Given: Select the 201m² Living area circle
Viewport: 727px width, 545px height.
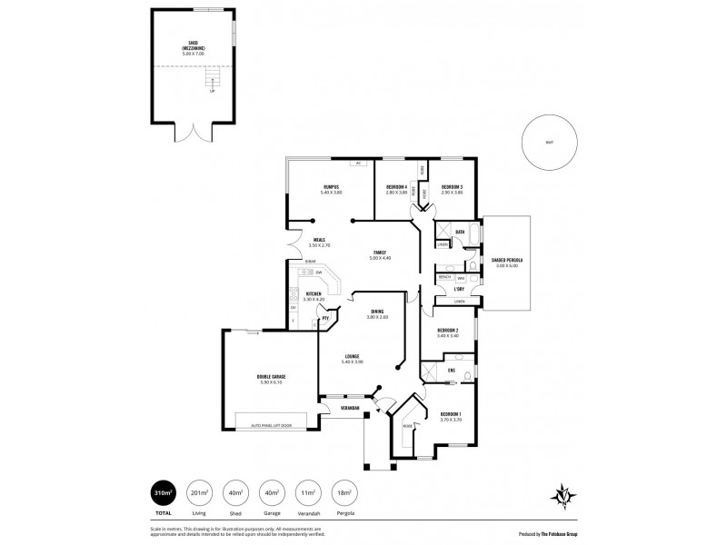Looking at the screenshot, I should [x=198, y=493].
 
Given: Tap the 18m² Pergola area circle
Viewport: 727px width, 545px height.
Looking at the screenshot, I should [x=343, y=493].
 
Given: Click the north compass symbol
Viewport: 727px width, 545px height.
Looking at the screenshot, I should [x=564, y=495].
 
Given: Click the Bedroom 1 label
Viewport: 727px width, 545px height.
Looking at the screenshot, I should [x=451, y=414].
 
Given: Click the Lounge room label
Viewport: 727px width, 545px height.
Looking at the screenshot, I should [x=352, y=358].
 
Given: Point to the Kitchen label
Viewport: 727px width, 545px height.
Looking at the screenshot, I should [x=313, y=295].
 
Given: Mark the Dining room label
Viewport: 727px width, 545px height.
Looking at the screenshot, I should [x=377, y=314].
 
